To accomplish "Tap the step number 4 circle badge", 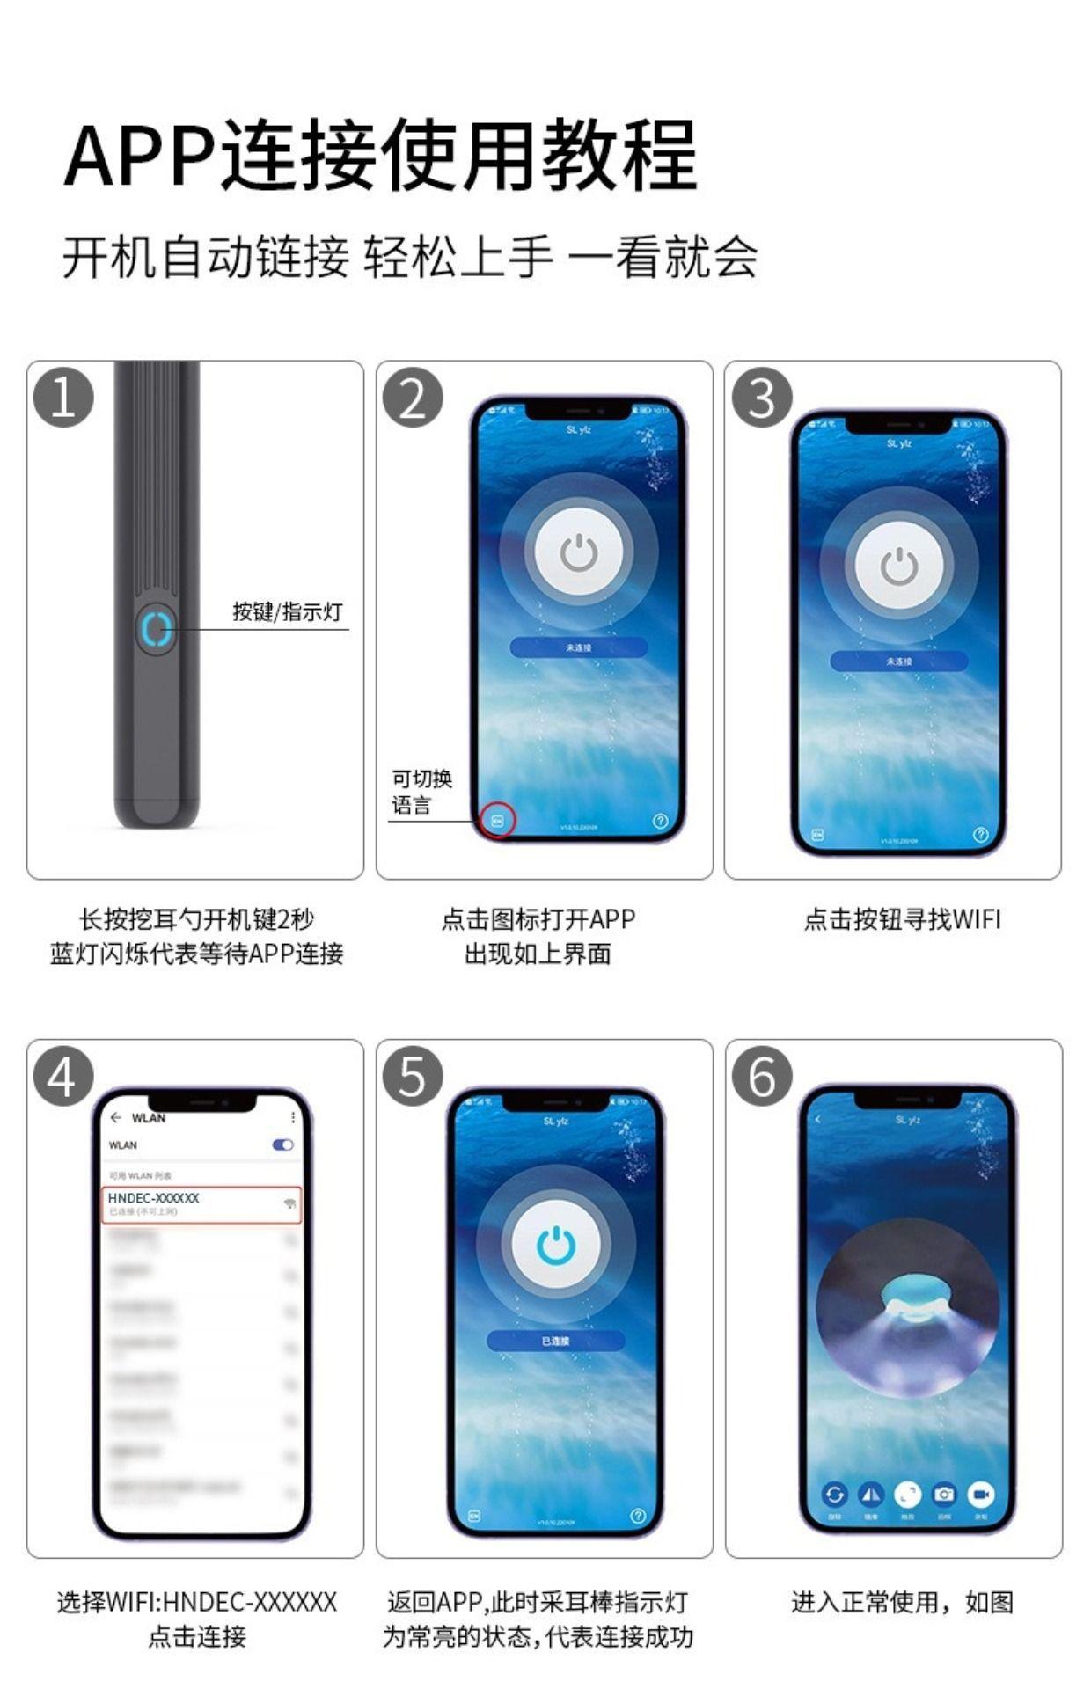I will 63,1076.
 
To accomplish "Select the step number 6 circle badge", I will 762,1076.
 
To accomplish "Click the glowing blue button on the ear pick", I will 157,629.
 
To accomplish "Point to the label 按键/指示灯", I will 287,611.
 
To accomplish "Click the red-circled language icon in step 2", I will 497,820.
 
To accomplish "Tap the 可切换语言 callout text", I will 421,792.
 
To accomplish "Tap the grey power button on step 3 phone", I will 899,565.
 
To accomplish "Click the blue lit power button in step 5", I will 556,1246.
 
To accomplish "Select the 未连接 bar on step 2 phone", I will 579,647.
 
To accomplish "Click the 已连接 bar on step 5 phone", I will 556,1341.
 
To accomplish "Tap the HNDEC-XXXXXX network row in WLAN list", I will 202,1203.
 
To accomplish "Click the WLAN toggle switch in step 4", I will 283,1144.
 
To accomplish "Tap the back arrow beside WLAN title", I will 116,1117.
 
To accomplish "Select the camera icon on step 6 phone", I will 944,1494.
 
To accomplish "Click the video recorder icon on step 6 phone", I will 980,1494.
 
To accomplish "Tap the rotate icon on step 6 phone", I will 834,1494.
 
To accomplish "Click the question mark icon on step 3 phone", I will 981,834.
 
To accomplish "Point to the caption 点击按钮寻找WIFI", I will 901,919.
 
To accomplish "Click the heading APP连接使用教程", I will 380,156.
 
